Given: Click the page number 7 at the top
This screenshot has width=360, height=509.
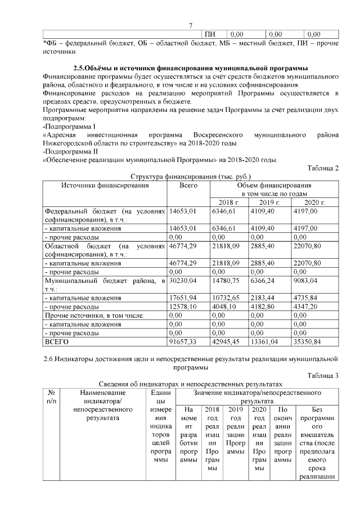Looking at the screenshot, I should (x=191, y=25).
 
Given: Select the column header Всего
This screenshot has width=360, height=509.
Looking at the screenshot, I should (x=188, y=185).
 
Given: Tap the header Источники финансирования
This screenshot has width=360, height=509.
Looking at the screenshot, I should (x=105, y=185).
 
